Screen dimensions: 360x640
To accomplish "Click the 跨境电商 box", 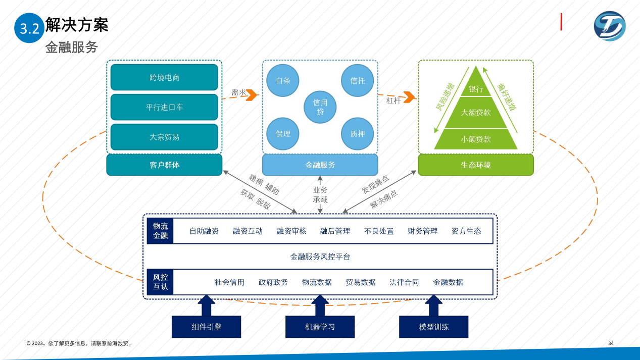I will coord(164,77).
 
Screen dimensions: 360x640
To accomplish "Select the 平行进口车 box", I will coord(164,107).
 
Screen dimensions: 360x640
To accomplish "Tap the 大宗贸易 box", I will coord(164,137).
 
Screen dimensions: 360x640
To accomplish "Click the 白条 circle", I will coord(283,80).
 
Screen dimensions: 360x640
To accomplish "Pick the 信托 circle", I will coord(358,80).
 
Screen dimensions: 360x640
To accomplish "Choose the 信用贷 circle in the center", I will coord(320,107).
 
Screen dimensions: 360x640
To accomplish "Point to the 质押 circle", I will coord(358,134).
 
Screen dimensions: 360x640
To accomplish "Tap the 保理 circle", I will coord(283,134).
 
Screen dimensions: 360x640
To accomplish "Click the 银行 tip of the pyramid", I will coord(476,87).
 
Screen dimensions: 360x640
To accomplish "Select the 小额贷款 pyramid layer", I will coord(476,139).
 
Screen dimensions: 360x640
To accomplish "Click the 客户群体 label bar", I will coord(164,165).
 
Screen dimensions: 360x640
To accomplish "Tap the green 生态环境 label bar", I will coord(476,165).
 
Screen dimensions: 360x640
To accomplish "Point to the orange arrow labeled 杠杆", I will coord(409,96).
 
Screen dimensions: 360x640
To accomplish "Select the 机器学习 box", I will coord(320,327).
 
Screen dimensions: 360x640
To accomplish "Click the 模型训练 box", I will coord(433,327).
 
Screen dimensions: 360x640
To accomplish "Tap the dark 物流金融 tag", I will coord(160,231).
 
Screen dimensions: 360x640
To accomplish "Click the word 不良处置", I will coord(379,231).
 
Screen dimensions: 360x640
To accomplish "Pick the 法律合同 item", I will coord(404,282).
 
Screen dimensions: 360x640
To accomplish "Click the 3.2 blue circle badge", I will coord(29,28).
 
